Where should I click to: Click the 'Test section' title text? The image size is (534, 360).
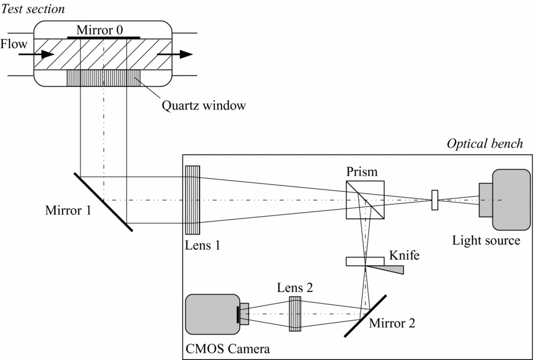coord(33,9)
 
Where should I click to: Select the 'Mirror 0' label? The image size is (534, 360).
coord(103,30)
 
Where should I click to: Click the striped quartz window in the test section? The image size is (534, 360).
coord(103,78)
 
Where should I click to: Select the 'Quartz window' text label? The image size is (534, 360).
coord(203,106)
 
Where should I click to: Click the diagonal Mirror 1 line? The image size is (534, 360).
coord(104,201)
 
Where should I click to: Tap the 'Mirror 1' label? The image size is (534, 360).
coord(68,210)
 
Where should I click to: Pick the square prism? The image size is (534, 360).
coord(365,200)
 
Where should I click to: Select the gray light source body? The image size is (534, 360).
coord(510,200)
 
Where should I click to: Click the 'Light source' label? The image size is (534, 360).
coord(486,240)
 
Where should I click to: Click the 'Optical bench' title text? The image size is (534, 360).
coord(484,144)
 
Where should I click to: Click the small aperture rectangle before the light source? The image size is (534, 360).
coord(435,200)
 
